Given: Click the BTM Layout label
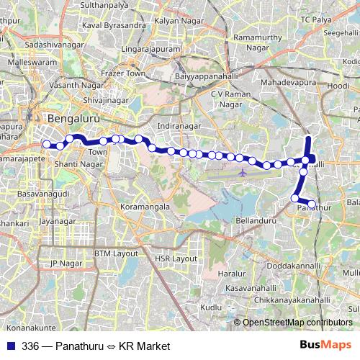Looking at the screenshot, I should (x=115, y=253).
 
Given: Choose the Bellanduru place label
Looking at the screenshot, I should (x=256, y=219).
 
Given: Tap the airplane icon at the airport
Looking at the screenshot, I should (x=243, y=173).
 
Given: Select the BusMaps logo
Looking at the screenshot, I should (x=325, y=345).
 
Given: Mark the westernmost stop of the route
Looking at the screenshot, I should (x=47, y=144).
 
